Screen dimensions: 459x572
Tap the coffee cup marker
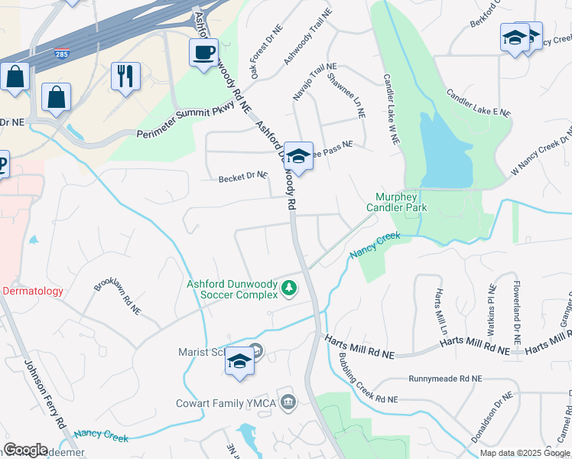[203, 53]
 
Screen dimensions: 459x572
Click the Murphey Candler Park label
[396, 202]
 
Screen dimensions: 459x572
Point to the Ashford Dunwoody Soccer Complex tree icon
[289, 288]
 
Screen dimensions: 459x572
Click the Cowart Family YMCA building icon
[288, 402]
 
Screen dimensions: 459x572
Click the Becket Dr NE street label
[243, 177]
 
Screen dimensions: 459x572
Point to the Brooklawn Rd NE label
[118, 297]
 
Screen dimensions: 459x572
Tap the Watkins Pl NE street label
[492, 309]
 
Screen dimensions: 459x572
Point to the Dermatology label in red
[34, 291]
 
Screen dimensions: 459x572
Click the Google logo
[26, 450]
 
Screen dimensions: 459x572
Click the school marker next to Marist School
[239, 362]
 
